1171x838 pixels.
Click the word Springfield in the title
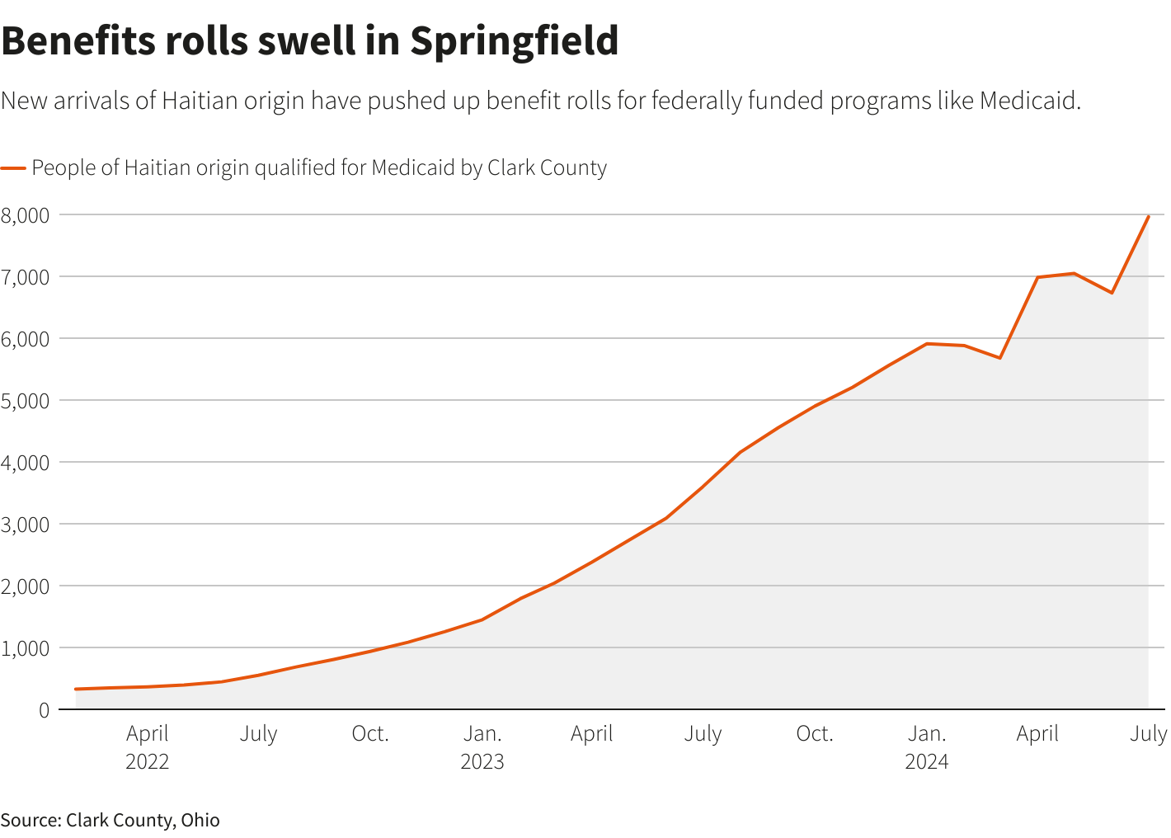point(514,41)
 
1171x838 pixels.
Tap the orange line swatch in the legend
point(13,168)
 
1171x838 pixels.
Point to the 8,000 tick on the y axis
point(26,215)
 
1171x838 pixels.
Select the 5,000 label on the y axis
point(26,401)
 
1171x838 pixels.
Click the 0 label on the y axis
point(44,710)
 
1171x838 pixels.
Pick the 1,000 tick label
point(26,648)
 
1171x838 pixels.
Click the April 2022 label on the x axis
point(148,746)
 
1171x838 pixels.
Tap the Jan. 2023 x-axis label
point(482,746)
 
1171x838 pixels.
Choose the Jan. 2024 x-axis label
point(927,746)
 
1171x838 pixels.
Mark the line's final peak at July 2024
point(1148,216)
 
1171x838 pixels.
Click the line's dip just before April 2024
point(999,358)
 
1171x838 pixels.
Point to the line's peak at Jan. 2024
point(927,344)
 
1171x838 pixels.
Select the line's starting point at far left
point(76,689)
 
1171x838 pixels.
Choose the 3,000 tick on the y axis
point(26,525)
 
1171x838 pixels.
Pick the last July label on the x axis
point(1148,733)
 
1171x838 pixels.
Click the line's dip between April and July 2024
point(1112,293)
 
